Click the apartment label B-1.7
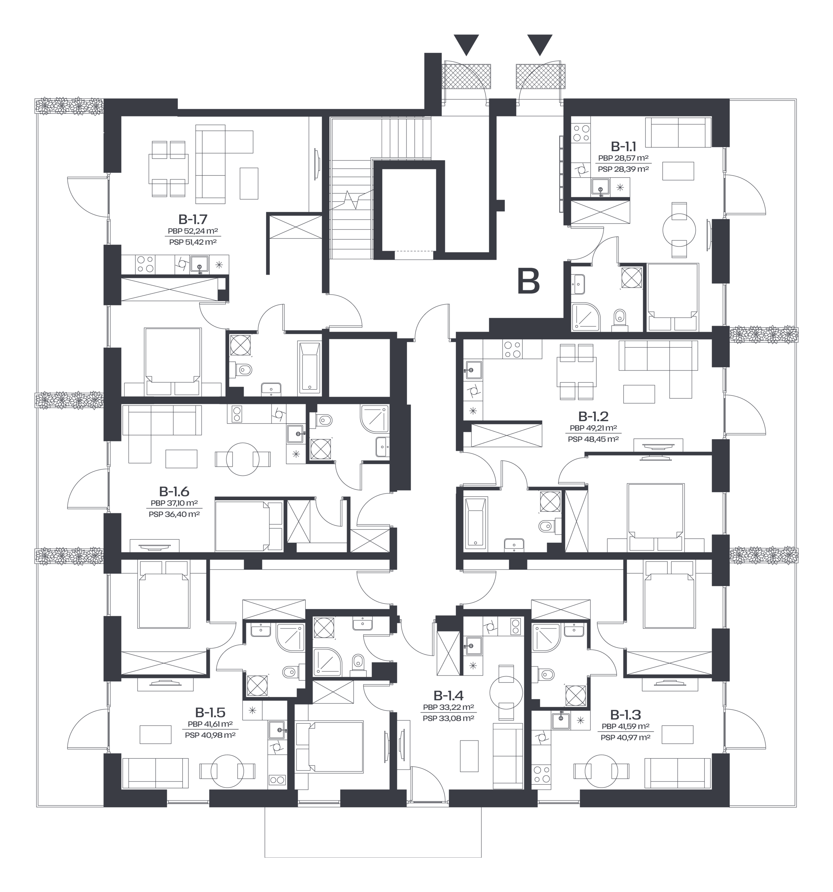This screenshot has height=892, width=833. point(192,220)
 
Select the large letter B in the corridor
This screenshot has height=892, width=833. point(529,281)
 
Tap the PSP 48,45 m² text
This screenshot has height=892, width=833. point(593,439)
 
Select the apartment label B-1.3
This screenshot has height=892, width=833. point(625,714)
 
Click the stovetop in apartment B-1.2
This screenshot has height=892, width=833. point(512,350)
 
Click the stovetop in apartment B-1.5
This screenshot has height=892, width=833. point(277,779)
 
